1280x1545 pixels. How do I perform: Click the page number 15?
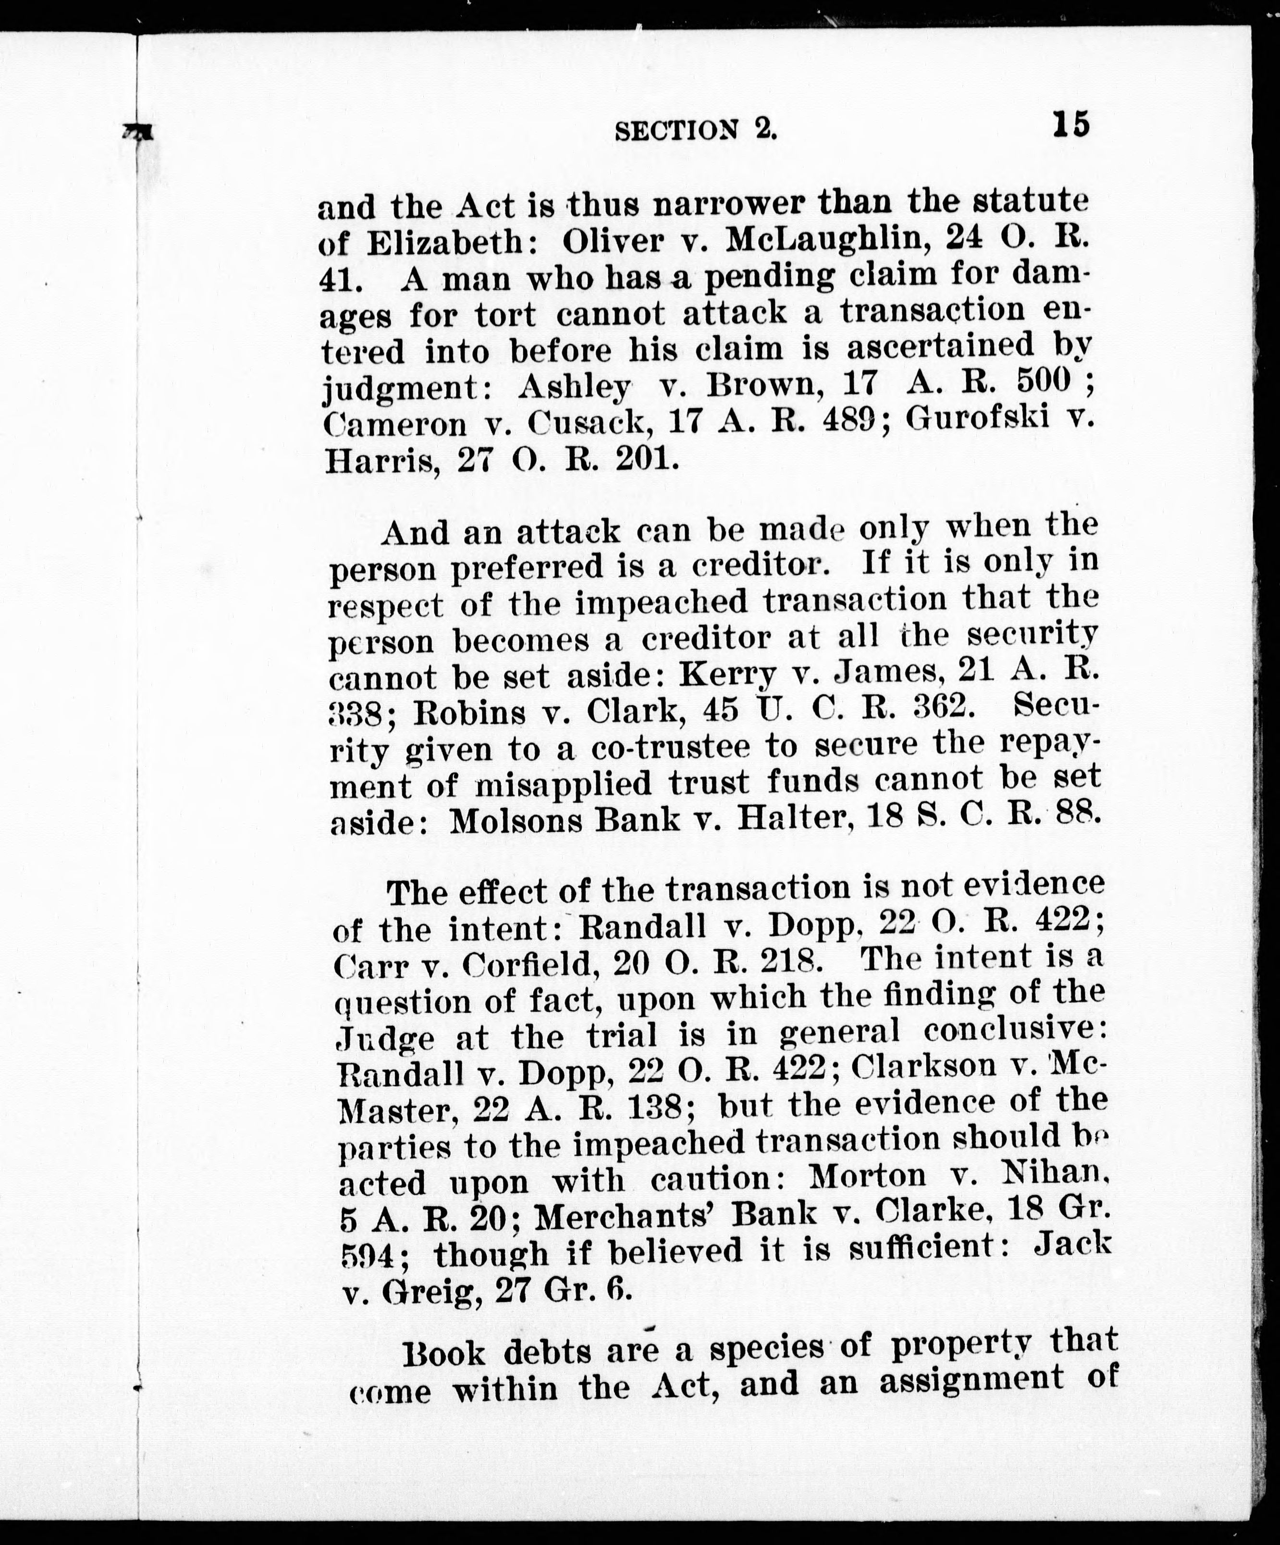coord(1071,124)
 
